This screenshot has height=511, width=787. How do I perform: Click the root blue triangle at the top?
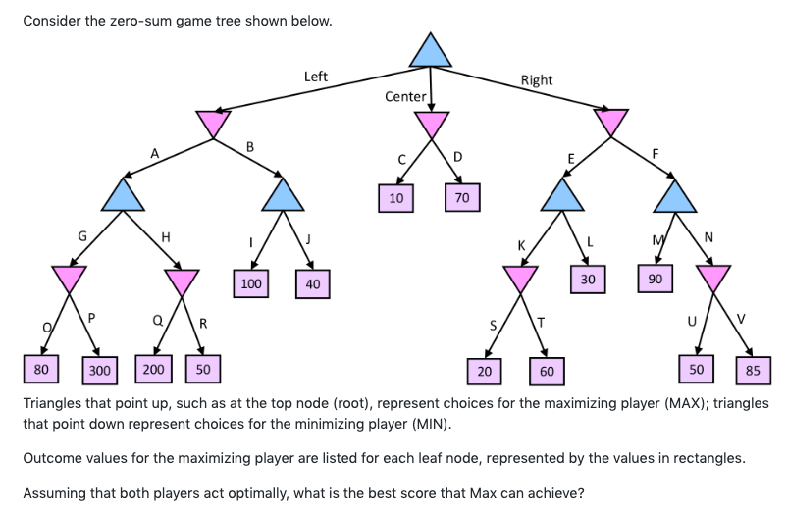(x=431, y=50)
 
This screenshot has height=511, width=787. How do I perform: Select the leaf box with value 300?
(x=99, y=371)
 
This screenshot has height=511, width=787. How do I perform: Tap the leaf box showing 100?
(x=251, y=283)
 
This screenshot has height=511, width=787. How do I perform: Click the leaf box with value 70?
(x=462, y=198)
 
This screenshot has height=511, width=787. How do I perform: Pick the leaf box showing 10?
(x=395, y=198)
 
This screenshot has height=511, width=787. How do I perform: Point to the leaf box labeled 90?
(x=655, y=280)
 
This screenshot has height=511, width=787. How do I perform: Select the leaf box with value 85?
(x=754, y=371)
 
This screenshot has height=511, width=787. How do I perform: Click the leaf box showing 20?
(x=485, y=372)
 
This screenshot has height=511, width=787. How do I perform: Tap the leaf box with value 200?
(x=154, y=370)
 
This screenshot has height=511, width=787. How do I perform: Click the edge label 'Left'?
(x=316, y=77)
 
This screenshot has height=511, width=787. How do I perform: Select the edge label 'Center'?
(x=405, y=96)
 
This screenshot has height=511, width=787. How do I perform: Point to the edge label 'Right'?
(x=537, y=80)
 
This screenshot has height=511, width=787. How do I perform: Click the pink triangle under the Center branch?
(x=431, y=125)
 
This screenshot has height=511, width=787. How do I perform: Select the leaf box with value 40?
(x=312, y=283)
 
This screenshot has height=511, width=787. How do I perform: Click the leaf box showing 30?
(x=588, y=280)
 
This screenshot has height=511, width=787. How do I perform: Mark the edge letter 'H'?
(x=165, y=235)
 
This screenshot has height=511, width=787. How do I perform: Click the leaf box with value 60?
(x=546, y=372)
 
